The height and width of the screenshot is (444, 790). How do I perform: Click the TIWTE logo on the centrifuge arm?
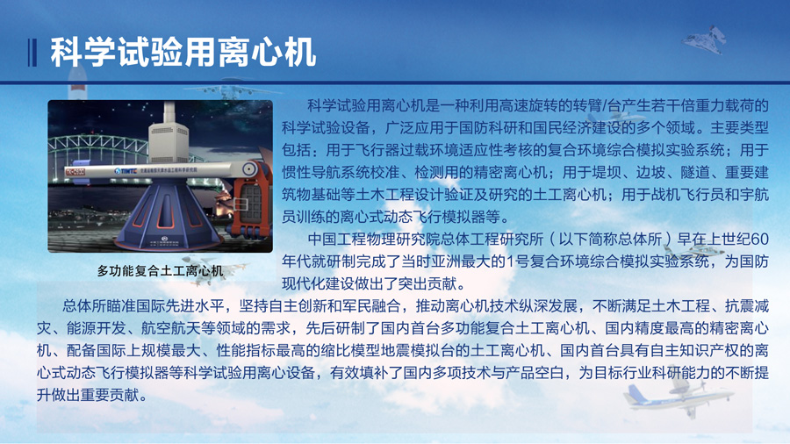click(x=126, y=171)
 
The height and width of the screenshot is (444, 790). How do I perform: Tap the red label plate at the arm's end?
click(x=75, y=172)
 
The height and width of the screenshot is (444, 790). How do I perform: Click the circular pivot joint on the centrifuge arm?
click(x=249, y=169)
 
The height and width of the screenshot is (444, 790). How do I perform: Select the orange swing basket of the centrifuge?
click(x=249, y=201)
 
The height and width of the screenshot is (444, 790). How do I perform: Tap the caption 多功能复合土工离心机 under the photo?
click(x=160, y=271)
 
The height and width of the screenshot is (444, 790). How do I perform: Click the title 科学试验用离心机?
click(x=183, y=52)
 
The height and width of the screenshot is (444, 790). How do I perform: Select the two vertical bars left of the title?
click(x=32, y=53)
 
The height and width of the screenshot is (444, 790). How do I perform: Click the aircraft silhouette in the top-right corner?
click(x=706, y=39)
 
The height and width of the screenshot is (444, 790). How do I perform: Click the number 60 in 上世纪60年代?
click(x=759, y=240)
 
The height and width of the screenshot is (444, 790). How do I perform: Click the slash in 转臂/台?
click(x=604, y=106)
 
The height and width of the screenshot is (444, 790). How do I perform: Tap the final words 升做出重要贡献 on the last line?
click(x=88, y=395)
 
